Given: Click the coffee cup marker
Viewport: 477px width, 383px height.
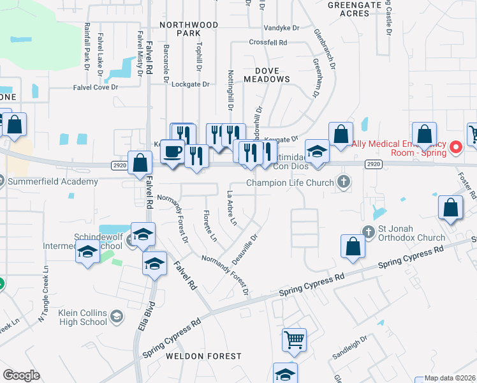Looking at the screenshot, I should [172, 152].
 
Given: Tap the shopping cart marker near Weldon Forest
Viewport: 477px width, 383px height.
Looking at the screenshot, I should [294, 340].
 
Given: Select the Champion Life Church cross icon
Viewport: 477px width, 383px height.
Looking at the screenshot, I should [344, 183].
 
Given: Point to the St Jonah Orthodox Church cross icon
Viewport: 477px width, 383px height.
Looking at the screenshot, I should [368, 231].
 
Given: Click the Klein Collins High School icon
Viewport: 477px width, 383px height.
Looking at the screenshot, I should [117, 316].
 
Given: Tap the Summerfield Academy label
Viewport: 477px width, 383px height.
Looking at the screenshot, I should [53, 182].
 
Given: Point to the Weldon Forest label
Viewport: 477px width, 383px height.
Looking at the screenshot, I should [204, 356].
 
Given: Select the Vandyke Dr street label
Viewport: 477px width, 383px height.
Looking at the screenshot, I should [282, 28].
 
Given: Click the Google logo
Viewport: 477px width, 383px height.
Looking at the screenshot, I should [21, 375].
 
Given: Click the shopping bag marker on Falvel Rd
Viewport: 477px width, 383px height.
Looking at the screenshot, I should [139, 164].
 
